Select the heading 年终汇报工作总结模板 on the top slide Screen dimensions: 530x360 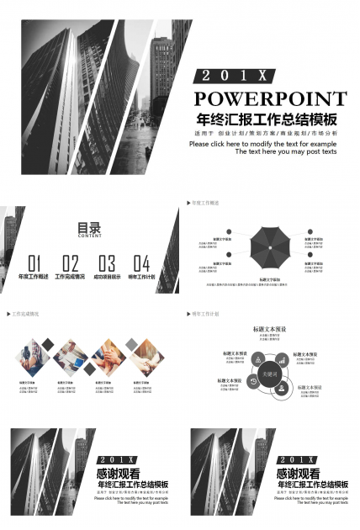[x=267, y=119]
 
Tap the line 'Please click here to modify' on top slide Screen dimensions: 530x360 [x=262, y=144]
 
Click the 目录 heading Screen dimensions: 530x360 [x=89, y=227]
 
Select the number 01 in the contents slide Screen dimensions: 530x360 [x=34, y=262]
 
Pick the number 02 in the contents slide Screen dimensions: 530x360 [x=71, y=262]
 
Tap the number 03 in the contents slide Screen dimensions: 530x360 [x=107, y=262]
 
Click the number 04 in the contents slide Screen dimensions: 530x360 [x=142, y=262]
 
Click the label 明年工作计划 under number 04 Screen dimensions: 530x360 [x=141, y=277]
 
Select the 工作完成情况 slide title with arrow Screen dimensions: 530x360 [x=24, y=314]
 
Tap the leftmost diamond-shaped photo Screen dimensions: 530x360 [x=33, y=357]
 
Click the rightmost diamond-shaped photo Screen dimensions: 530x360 [x=144, y=357]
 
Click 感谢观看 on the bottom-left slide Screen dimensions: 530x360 [x=119, y=474]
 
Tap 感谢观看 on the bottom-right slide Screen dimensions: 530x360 [x=299, y=474]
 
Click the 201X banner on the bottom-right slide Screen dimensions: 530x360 [x=299, y=459]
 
